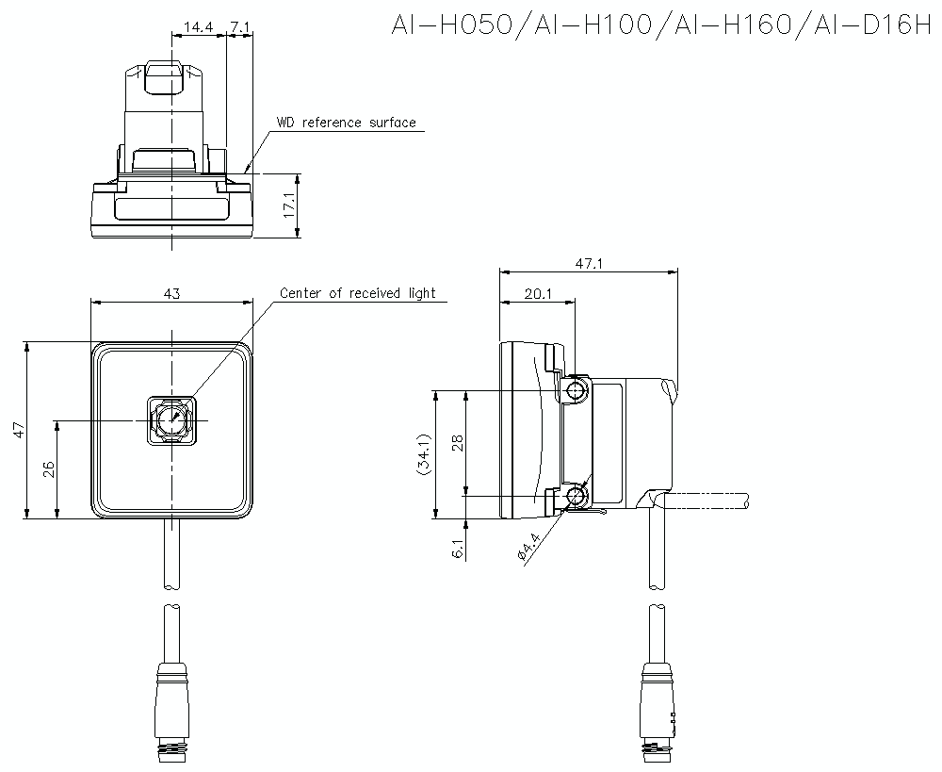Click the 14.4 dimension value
click(x=198, y=28)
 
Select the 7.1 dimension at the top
click(x=239, y=28)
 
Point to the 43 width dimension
click(x=171, y=294)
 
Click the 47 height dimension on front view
click(x=19, y=430)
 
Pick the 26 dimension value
click(x=48, y=469)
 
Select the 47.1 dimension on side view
click(x=588, y=265)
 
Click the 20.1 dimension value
click(x=536, y=295)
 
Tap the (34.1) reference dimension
click(x=424, y=454)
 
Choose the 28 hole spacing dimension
click(x=457, y=442)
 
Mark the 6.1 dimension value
click(x=457, y=550)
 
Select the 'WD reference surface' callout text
click(x=346, y=123)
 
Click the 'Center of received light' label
click(x=358, y=293)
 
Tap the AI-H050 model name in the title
click(x=453, y=25)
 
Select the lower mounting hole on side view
click(x=576, y=495)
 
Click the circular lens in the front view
click(x=171, y=419)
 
